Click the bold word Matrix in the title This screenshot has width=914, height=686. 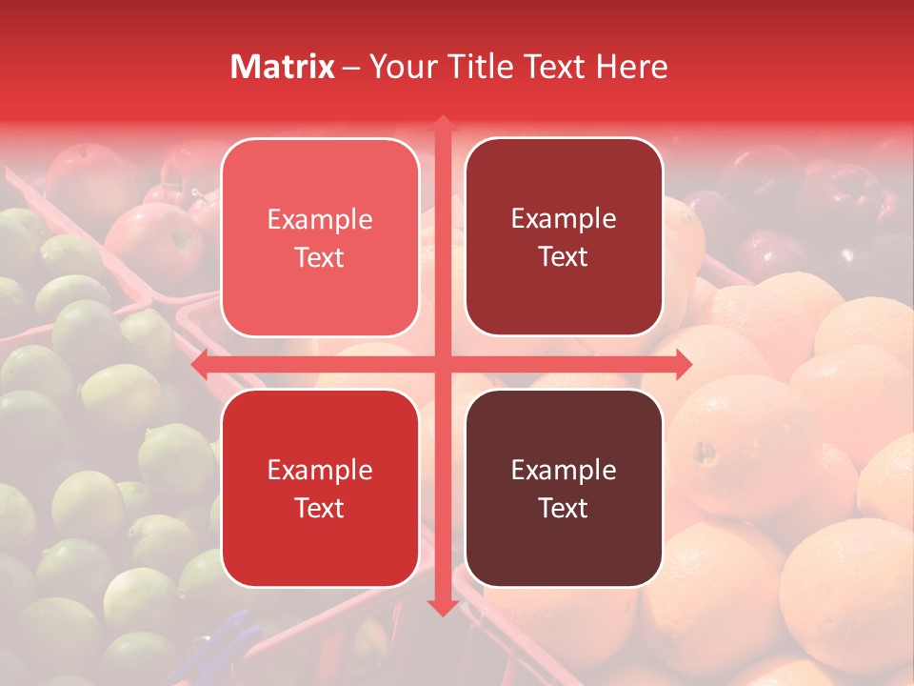pos(283,67)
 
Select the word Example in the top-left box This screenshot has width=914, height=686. pos(320,220)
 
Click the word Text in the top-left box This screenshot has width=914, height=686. pos(320,257)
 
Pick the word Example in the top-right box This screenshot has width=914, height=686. pos(564,219)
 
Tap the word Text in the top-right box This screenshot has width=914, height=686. pos(564,256)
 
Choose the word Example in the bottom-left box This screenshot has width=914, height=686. pos(320,471)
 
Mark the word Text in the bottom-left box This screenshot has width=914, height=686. pos(320,508)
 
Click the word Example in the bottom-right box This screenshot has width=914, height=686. pos(564,471)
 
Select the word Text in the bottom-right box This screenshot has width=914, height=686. pos(564,508)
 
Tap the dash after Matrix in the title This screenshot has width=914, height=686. pos(350,68)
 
